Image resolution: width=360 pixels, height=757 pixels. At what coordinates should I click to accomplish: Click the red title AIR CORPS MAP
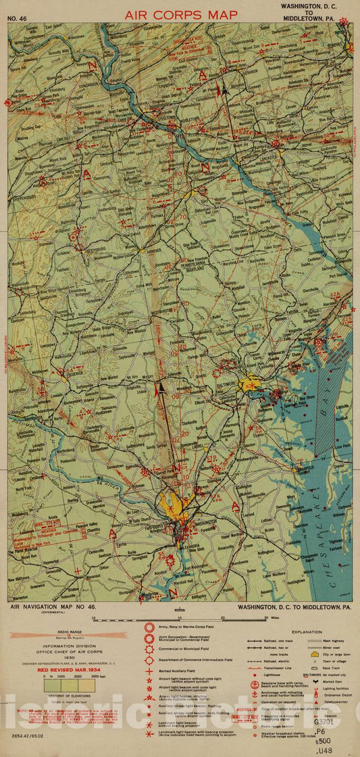click(180, 14)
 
